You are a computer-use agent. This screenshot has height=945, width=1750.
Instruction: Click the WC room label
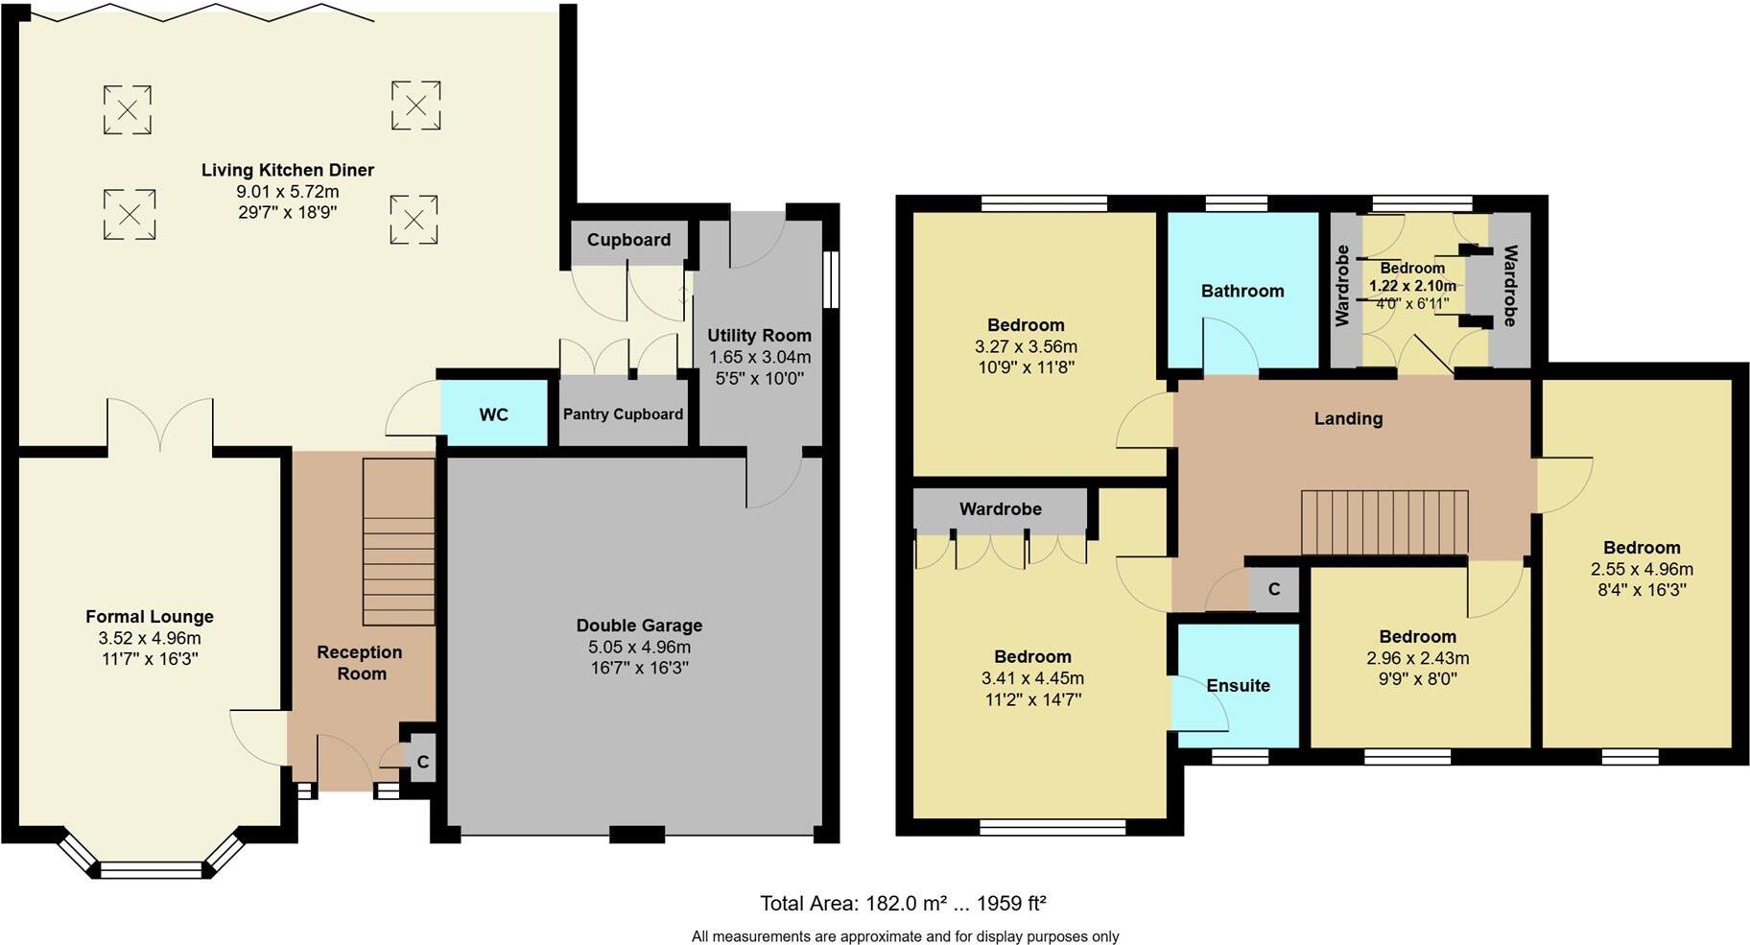pos(493,414)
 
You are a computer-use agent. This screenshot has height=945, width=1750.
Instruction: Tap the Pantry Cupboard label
pos(623,414)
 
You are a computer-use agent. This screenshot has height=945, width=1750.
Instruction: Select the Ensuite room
pos(1238,685)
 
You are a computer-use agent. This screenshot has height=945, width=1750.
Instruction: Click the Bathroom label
pos(1242,291)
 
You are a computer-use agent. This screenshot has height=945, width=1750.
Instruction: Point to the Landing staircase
pos(1383,522)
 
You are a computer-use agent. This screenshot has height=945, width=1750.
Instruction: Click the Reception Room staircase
pos(398,542)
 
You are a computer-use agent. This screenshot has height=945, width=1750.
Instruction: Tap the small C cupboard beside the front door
pos(421,763)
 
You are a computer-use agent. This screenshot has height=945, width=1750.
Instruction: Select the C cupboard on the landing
pos(1273,589)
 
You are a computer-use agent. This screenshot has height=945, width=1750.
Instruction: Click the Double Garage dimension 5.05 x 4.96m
pos(639,647)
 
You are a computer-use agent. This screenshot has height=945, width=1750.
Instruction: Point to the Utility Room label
pos(759,336)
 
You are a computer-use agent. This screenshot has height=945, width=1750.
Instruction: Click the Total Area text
pos(902,903)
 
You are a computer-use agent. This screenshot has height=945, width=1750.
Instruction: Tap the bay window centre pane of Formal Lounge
pos(153,870)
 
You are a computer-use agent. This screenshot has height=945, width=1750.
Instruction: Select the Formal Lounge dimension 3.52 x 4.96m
pos(150,638)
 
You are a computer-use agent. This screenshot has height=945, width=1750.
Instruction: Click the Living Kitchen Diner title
pos(287,170)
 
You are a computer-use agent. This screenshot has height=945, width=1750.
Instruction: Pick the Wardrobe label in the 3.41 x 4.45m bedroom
pos(1000,508)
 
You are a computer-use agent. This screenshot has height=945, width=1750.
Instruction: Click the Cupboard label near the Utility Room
pos(628,240)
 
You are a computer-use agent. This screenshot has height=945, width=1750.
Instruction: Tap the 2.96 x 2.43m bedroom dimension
pos(1417,658)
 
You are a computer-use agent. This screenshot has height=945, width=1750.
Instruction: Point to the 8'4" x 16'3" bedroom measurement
pos(1641,590)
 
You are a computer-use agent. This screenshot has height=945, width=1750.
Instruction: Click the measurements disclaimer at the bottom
pos(905,936)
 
